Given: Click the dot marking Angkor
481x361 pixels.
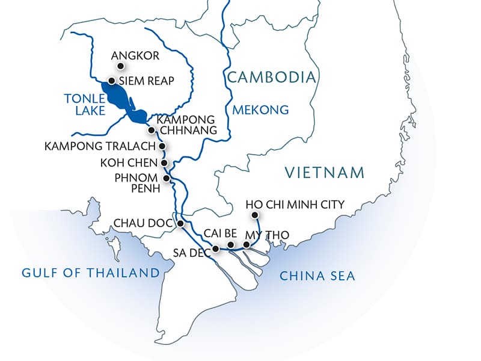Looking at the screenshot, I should click(x=120, y=66).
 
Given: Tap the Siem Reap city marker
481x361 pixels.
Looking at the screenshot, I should click(x=111, y=81).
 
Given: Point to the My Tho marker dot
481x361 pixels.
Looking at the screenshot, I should click(x=247, y=245).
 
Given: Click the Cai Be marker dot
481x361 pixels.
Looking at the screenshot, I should click(x=230, y=245).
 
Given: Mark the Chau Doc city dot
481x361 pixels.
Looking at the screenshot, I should click(x=180, y=223).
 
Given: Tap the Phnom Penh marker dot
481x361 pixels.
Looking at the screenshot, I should click(x=166, y=179).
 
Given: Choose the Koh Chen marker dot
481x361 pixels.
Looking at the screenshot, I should click(x=164, y=162).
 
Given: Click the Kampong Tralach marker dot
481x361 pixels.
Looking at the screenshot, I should click(x=161, y=146).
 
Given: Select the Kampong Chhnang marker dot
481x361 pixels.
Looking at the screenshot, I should click(x=151, y=129).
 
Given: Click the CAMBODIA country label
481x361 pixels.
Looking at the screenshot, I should click(x=271, y=77).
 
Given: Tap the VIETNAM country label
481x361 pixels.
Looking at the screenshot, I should click(x=325, y=173).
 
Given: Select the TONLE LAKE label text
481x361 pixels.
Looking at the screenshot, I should click(x=84, y=104).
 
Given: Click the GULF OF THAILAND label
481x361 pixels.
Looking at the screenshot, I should click(x=90, y=273).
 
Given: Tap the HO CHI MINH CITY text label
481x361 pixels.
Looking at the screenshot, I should click(x=295, y=205).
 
